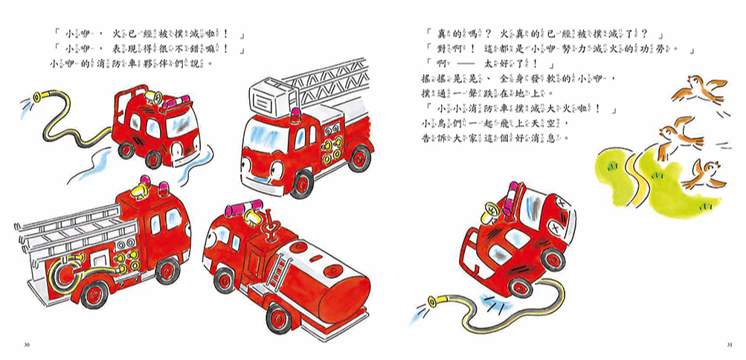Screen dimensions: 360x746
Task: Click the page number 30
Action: pos(27,344)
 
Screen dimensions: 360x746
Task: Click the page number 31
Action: pos(730,344)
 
